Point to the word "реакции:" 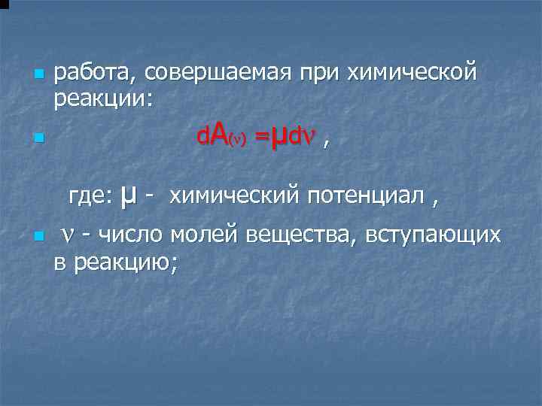[x=103, y=98]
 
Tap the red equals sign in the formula [x=261, y=138]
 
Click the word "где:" [x=90, y=196]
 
